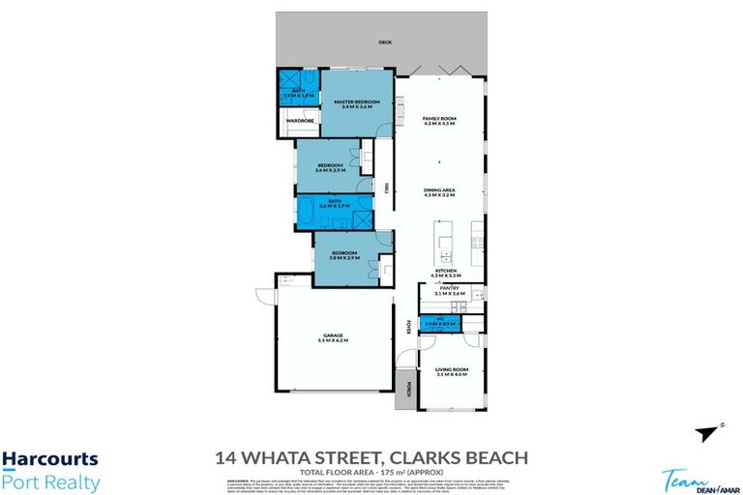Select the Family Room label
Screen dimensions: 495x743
pyautogui.click(x=438, y=120)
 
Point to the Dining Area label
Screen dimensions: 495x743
pyautogui.click(x=438, y=190)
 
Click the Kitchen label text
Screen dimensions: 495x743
pyautogui.click(x=444, y=272)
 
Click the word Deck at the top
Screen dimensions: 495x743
pyautogui.click(x=386, y=42)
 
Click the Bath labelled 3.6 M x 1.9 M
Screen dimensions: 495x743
pyautogui.click(x=334, y=206)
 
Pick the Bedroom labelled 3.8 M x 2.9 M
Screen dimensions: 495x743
pyautogui.click(x=345, y=256)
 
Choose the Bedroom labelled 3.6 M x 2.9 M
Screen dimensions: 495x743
pyautogui.click(x=330, y=167)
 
